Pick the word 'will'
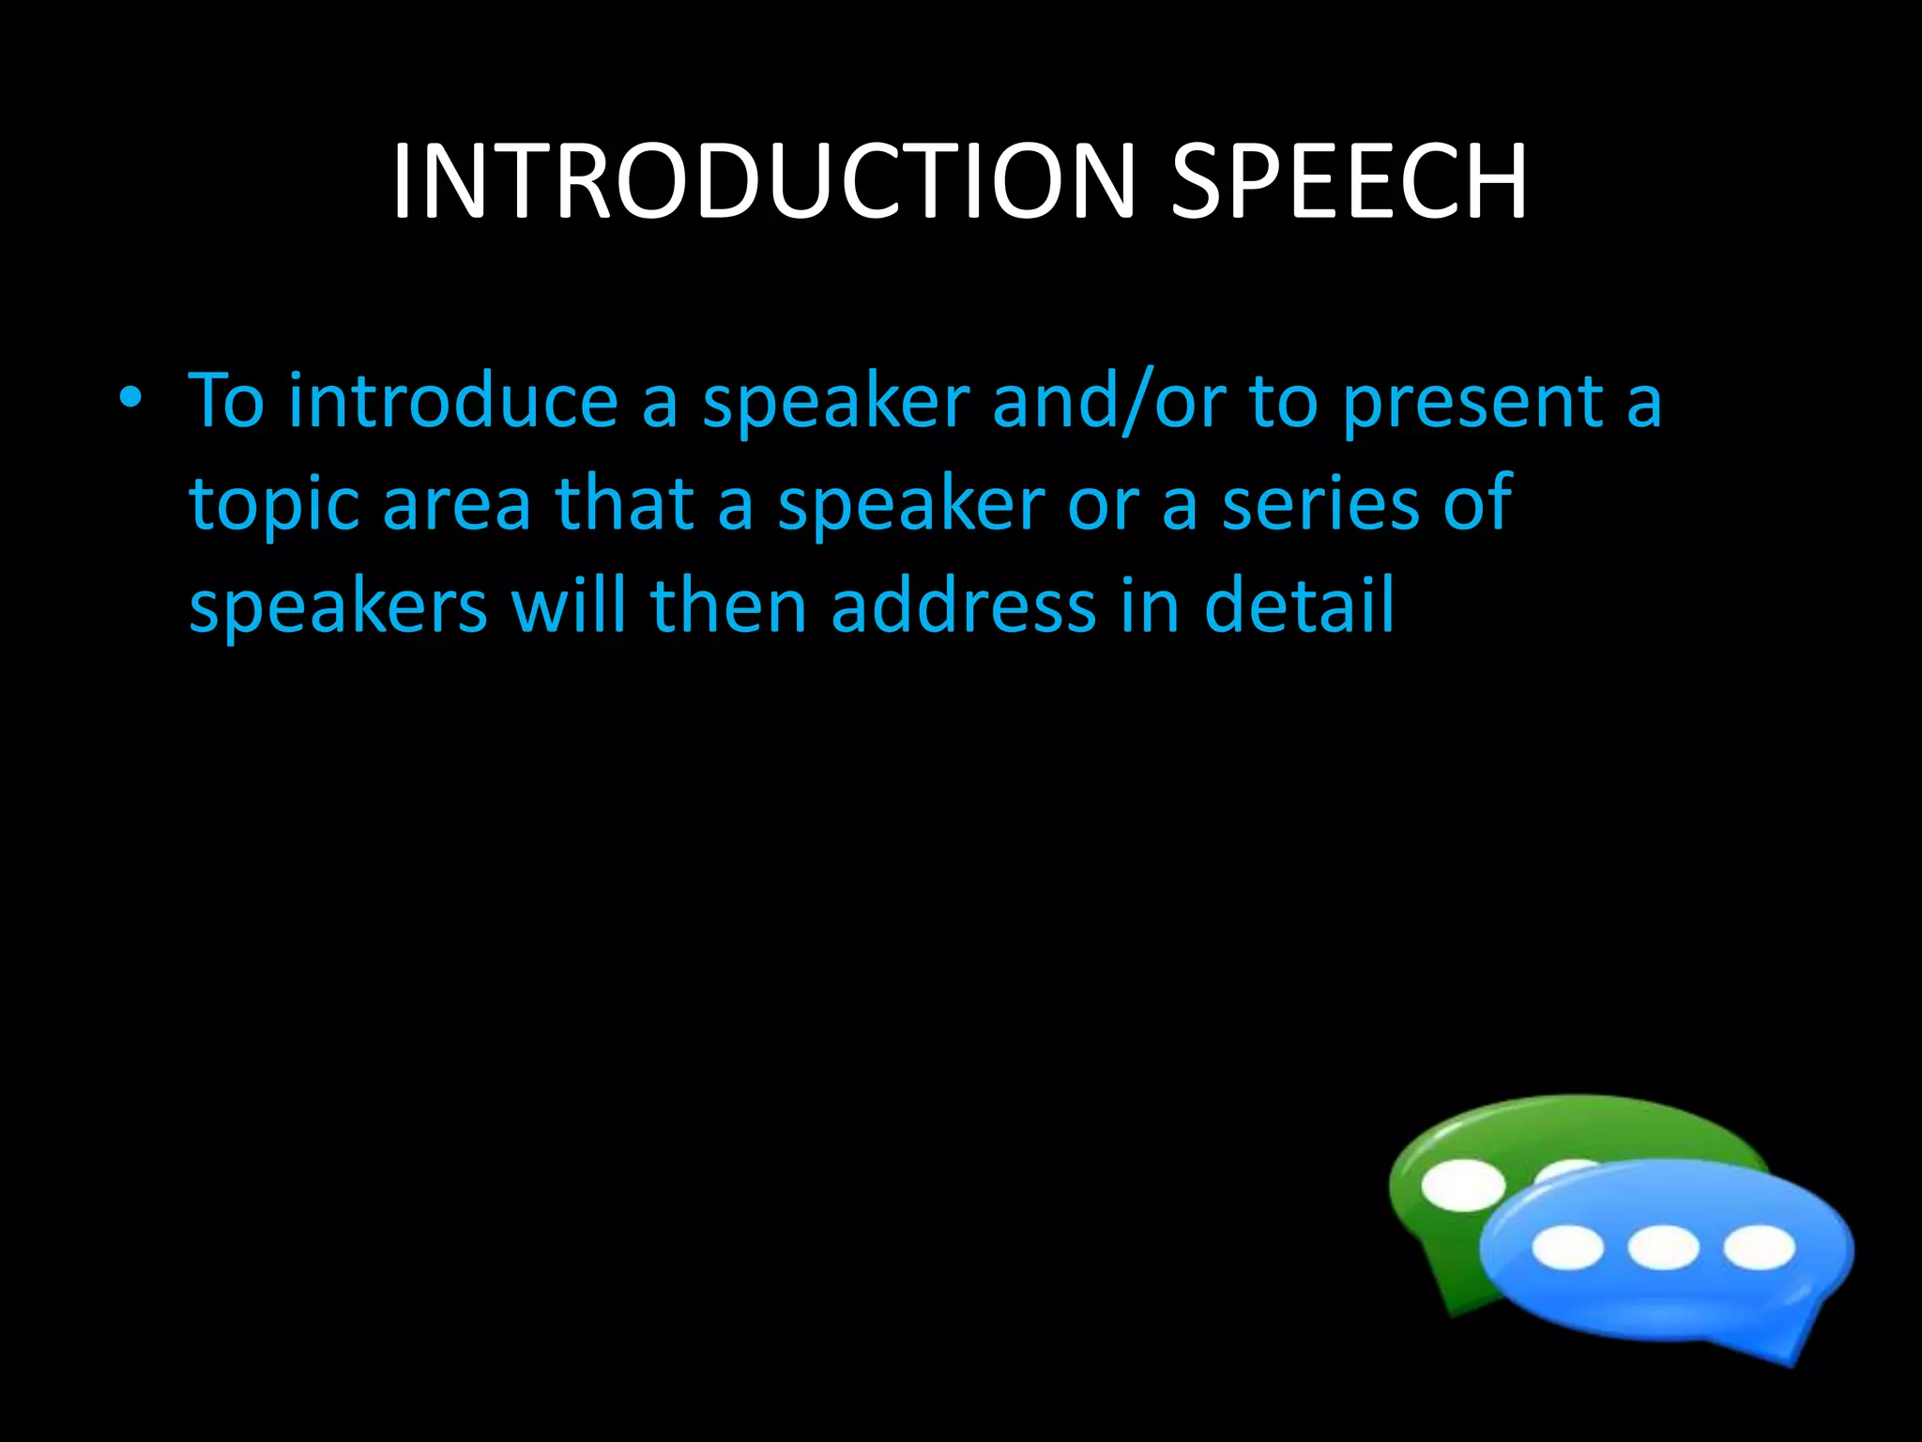click(x=568, y=606)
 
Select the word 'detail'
click(x=1299, y=606)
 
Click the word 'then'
click(x=728, y=606)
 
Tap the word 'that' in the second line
click(x=625, y=504)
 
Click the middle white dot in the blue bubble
click(x=1663, y=1249)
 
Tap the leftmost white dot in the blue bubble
click(x=1567, y=1249)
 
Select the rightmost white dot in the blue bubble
click(x=1760, y=1249)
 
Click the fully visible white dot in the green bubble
click(x=1462, y=1185)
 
